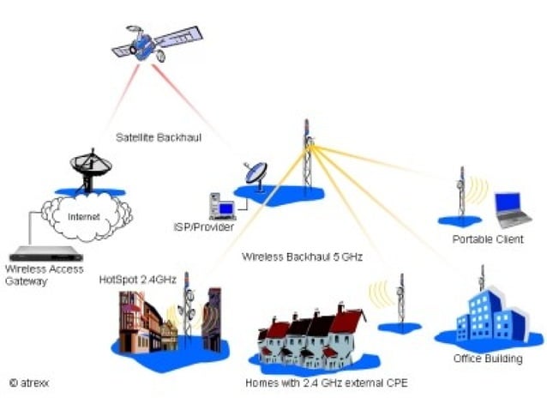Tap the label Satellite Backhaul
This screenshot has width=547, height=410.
[x=159, y=136]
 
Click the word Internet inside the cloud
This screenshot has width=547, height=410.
[x=85, y=216]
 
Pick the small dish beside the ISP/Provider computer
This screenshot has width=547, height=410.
[x=255, y=174]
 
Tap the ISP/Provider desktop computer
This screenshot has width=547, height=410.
[x=221, y=205]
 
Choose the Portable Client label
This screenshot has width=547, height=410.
[x=487, y=239]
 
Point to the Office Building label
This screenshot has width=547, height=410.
[x=488, y=359]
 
